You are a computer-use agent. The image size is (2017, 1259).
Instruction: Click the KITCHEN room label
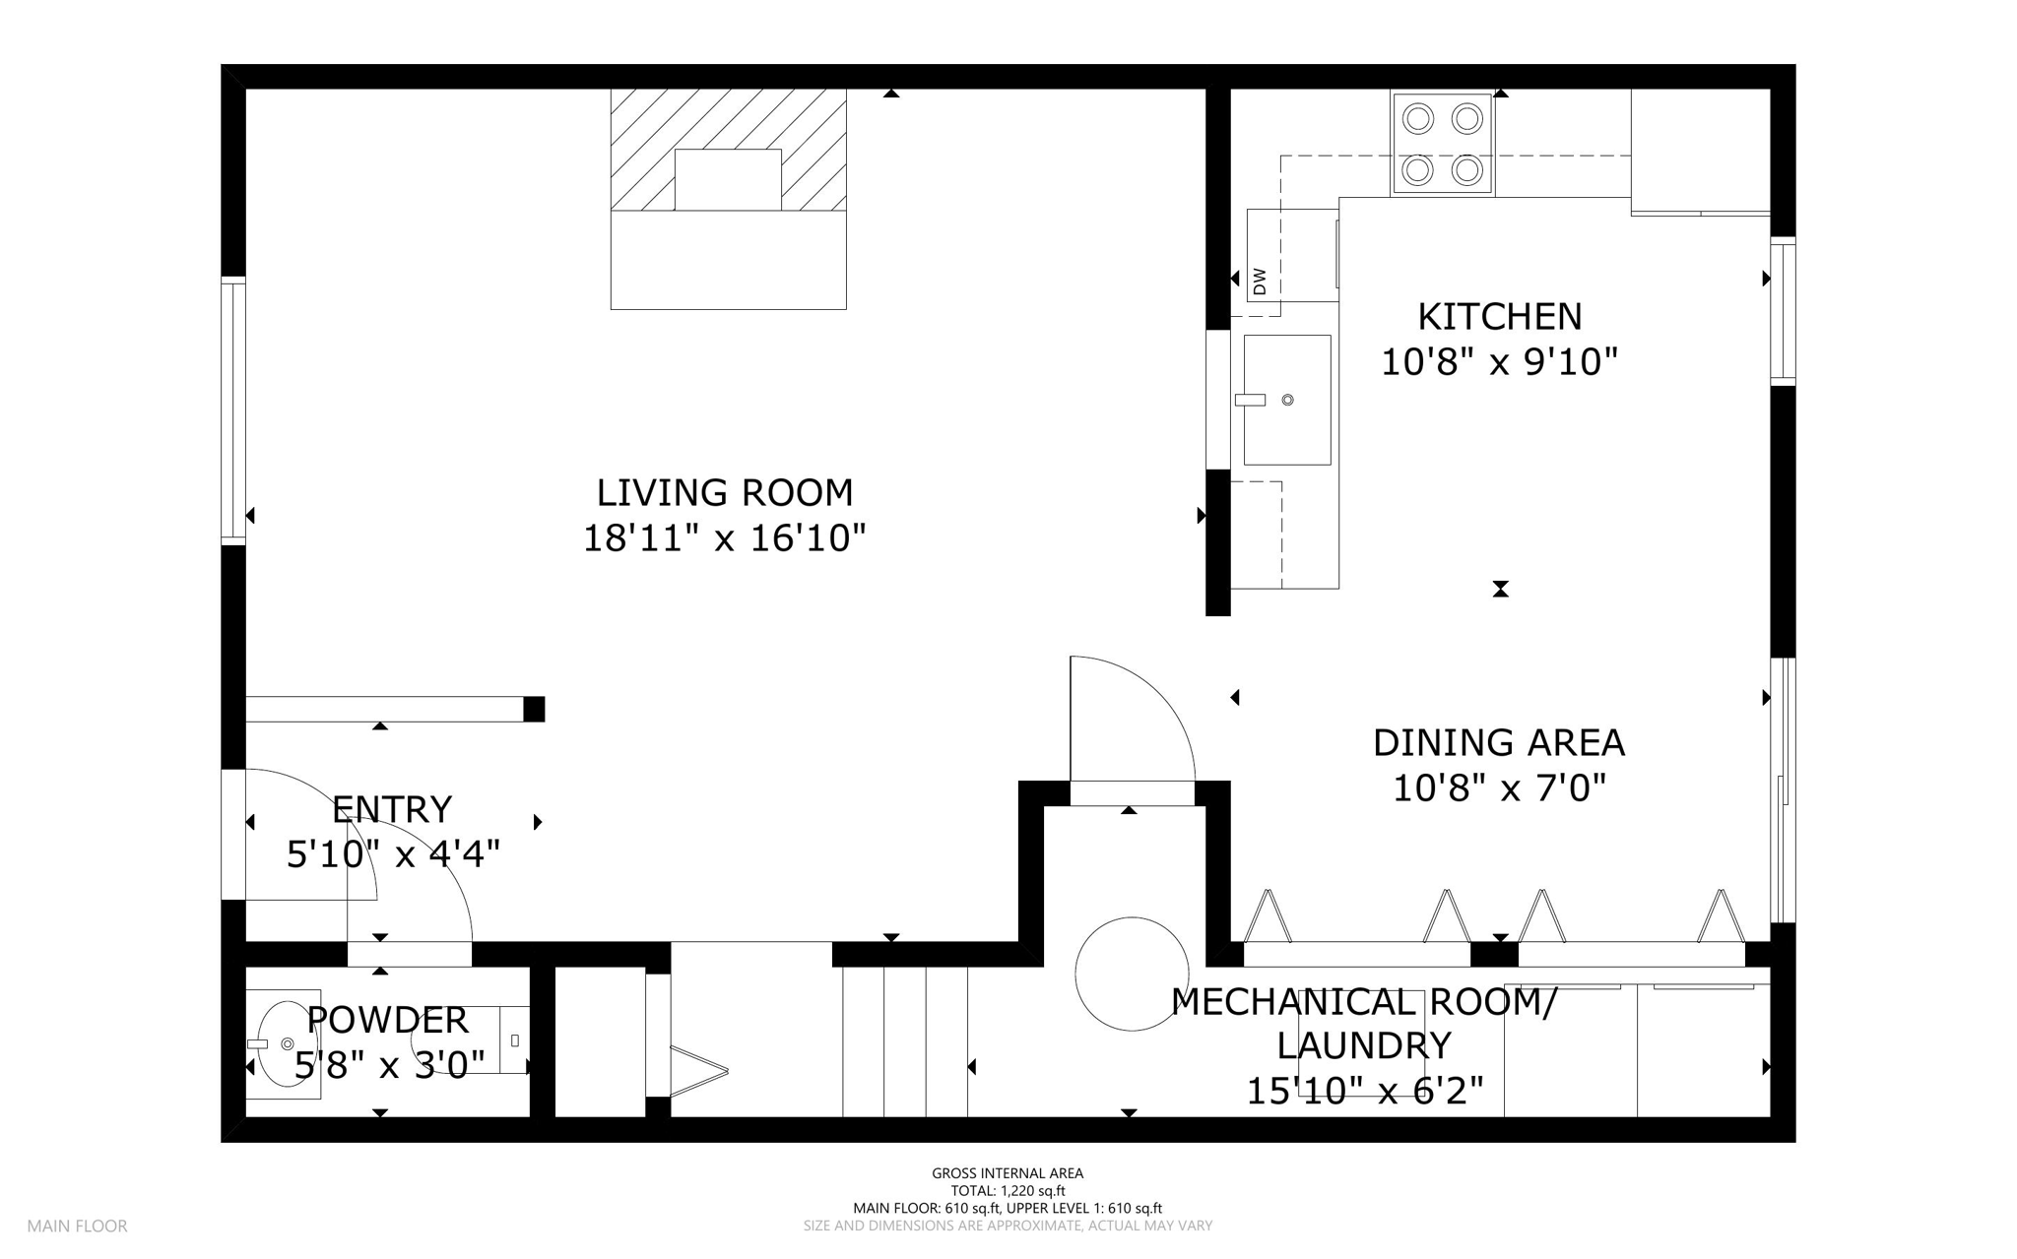coord(1499,317)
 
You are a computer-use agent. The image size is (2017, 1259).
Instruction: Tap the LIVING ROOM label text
coord(725,492)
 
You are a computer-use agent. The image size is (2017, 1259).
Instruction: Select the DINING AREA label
coord(1499,742)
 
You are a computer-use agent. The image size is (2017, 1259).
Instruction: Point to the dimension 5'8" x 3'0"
coord(390,1065)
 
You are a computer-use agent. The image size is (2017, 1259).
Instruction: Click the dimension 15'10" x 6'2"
coord(1365,1091)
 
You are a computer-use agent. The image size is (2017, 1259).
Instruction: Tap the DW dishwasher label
coord(1260,283)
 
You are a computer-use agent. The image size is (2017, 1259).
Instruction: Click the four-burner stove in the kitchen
coord(1443,144)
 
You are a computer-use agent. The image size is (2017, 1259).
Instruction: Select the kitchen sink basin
coord(1287,400)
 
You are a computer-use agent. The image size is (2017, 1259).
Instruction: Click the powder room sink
coord(283,1043)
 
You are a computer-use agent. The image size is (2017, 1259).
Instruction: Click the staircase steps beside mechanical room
coord(905,1041)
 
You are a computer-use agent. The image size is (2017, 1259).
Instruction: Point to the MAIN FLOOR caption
coord(77,1227)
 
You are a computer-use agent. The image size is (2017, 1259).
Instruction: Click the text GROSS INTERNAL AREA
coord(1008,1173)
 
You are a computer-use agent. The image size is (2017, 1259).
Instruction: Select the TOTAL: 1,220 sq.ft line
coord(1008,1191)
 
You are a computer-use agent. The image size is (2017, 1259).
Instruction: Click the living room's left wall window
coord(233,410)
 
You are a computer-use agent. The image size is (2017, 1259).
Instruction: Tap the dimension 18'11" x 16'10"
coord(725,538)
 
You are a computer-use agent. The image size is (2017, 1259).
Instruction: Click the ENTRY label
coord(392,809)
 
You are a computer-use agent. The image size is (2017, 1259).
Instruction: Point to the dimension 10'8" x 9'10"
coord(1499,362)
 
